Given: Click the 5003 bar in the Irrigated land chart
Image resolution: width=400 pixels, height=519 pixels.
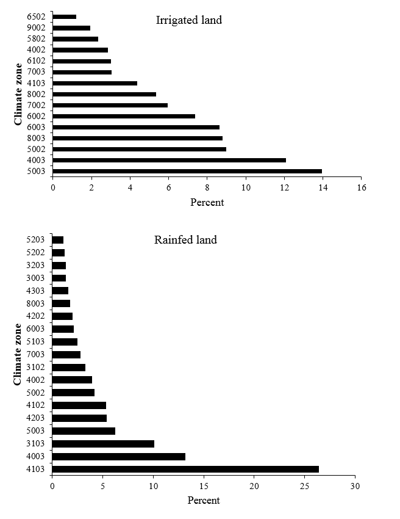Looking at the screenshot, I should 187,171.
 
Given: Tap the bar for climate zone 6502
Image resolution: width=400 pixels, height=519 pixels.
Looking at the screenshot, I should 64,16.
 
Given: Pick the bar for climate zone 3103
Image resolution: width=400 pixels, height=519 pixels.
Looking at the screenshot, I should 103,443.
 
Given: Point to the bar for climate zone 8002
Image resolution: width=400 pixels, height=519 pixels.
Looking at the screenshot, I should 104,94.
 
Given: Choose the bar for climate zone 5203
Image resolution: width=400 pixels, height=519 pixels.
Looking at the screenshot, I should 58,240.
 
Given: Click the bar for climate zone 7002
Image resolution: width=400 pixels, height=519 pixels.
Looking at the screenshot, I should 110,105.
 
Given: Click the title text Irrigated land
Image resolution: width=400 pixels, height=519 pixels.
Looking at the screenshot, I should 189,20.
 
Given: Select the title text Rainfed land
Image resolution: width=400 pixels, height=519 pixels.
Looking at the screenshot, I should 185,240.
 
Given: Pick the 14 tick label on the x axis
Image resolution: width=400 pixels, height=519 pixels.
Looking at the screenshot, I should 323,187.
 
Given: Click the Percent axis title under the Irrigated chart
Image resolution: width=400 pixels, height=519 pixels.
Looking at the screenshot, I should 207,202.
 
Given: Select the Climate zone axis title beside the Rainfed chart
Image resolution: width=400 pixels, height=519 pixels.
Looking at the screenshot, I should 19,354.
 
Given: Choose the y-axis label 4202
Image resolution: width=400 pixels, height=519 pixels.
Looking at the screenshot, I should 36,316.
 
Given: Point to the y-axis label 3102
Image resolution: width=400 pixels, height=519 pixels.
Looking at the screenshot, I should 36,367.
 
